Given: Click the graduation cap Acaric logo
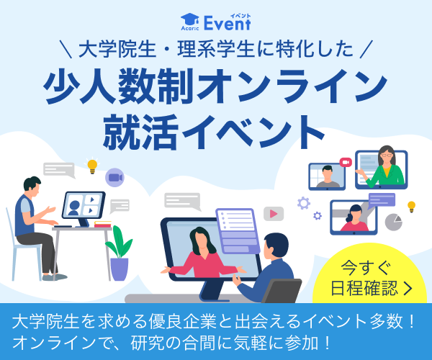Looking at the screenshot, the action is (190, 22).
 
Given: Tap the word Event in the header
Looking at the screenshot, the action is (228, 24).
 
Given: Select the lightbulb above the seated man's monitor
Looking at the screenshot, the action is (92, 166).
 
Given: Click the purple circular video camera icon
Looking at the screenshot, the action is (115, 177).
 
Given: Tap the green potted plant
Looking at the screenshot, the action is (120, 253).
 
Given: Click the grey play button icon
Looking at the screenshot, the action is (274, 213).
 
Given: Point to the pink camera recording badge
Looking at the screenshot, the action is (346, 162).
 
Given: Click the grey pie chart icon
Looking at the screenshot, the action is (393, 222).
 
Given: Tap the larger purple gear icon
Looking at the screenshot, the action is (304, 203).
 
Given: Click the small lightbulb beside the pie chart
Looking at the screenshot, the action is (411, 207).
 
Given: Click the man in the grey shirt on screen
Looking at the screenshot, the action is (328, 176).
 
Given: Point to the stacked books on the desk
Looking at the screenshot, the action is (103, 224).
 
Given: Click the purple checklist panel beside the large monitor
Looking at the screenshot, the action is (238, 231).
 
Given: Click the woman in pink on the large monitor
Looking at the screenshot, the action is (203, 254).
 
